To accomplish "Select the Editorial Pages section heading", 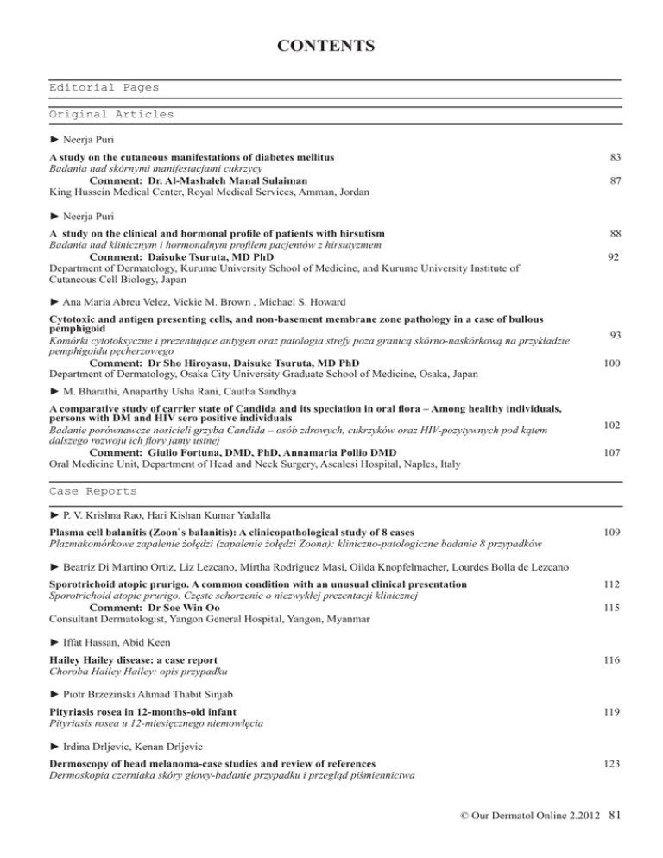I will pos(104,87).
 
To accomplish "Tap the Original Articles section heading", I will pos(111,114).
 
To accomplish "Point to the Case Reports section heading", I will pos(92,491).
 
